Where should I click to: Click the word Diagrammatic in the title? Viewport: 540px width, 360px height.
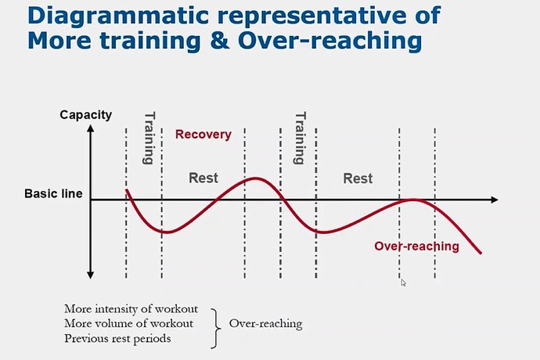click(118, 15)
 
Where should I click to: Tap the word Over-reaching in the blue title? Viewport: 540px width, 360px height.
click(330, 41)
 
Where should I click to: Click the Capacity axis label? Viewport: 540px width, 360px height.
click(86, 115)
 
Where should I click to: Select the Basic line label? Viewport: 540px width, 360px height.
click(53, 193)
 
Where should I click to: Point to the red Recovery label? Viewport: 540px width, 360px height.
click(203, 134)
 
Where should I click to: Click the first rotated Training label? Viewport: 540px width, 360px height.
click(149, 138)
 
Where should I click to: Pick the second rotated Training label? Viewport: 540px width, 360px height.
click(299, 138)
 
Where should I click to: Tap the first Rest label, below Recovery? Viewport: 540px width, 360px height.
click(203, 178)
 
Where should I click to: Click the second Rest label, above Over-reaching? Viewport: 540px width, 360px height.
click(358, 178)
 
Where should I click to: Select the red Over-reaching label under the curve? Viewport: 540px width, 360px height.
click(416, 246)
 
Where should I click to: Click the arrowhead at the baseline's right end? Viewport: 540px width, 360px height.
click(495, 200)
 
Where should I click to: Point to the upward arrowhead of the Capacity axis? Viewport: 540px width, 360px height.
click(91, 128)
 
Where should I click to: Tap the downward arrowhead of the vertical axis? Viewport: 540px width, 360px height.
click(91, 275)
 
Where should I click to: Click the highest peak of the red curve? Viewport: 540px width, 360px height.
click(256, 178)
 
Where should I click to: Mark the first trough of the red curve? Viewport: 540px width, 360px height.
click(167, 232)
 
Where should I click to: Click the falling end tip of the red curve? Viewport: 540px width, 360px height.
click(481, 254)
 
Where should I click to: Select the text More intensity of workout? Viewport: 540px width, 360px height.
click(131, 308)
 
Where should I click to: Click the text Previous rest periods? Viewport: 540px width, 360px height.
click(117, 338)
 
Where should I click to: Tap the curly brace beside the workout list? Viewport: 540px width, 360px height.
click(215, 329)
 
